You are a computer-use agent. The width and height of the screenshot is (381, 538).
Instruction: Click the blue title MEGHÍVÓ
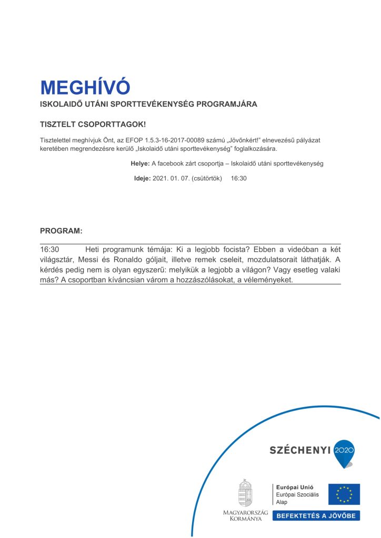point(85,87)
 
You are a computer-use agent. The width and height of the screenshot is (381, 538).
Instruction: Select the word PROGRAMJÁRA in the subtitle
point(227,104)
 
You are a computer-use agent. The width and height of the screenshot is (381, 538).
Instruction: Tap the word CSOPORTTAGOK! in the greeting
point(112,126)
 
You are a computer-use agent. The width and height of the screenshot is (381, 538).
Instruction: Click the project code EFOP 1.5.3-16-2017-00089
point(171,141)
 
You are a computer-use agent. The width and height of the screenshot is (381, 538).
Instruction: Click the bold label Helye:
point(140,163)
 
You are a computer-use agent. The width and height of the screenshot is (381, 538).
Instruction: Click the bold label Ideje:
point(142,179)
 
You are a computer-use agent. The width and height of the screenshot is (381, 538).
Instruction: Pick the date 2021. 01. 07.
point(171,179)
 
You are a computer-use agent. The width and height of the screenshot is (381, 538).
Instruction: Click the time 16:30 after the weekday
point(239,179)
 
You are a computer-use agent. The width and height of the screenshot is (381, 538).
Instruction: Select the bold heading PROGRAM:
point(61,231)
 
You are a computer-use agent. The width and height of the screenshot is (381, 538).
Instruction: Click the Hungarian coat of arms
point(245,493)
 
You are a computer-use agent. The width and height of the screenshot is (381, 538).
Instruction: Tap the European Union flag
point(344,494)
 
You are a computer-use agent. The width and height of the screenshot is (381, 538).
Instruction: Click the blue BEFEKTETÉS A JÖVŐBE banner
point(316,515)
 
